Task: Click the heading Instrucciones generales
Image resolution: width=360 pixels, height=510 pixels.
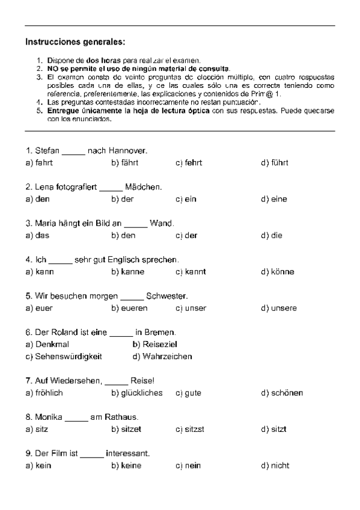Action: click(x=75, y=42)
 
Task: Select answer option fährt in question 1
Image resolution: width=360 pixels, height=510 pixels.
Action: click(x=124, y=162)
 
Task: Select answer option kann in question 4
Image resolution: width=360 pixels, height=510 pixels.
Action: click(x=40, y=272)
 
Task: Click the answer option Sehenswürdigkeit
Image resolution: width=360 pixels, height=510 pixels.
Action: click(x=64, y=357)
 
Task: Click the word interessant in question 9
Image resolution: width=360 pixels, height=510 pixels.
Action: click(x=127, y=453)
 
